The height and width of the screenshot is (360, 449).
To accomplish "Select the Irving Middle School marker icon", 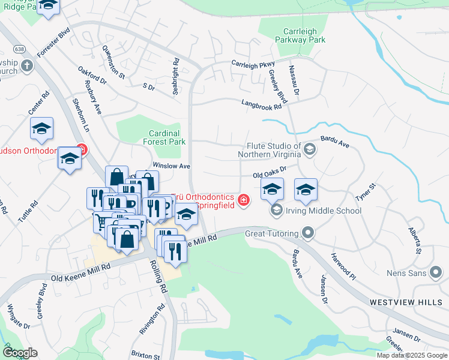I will coord(276,211).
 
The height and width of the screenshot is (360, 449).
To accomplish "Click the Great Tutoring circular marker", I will coord(308,233).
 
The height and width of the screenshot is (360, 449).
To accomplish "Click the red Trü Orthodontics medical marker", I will coord(244,200).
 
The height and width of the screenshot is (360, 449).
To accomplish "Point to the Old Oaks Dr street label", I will coord(275,173).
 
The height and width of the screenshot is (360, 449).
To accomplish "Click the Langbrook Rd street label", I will coord(261,104).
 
